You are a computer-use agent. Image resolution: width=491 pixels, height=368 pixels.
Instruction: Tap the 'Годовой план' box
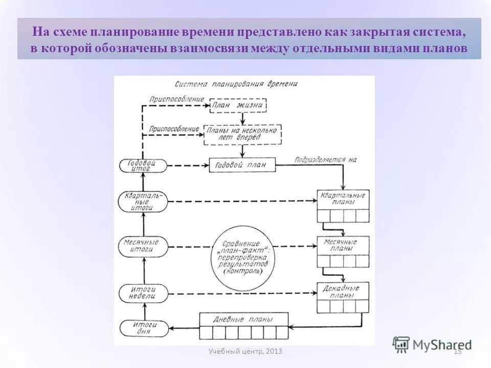pos(242,165)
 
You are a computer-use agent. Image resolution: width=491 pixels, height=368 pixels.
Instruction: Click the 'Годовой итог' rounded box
pos(143,165)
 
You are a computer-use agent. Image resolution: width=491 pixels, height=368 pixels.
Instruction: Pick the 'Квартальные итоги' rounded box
pos(143,201)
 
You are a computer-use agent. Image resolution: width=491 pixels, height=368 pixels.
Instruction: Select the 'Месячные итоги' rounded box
pos(143,246)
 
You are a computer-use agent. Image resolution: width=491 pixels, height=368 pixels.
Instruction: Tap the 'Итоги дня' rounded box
pos(143,328)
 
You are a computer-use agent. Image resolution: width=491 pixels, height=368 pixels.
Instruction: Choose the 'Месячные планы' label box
pos(343,244)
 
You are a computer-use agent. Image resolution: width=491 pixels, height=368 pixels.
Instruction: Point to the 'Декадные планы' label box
pos(343,291)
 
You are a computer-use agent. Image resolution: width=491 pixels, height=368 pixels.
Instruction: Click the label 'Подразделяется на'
pos(325,159)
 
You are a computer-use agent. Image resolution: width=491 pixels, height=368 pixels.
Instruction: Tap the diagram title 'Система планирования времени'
pos(236,83)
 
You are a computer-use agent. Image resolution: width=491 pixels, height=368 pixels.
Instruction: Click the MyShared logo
pos(433,344)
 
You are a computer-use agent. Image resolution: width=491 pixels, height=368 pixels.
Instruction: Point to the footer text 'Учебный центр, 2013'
pos(245,351)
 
